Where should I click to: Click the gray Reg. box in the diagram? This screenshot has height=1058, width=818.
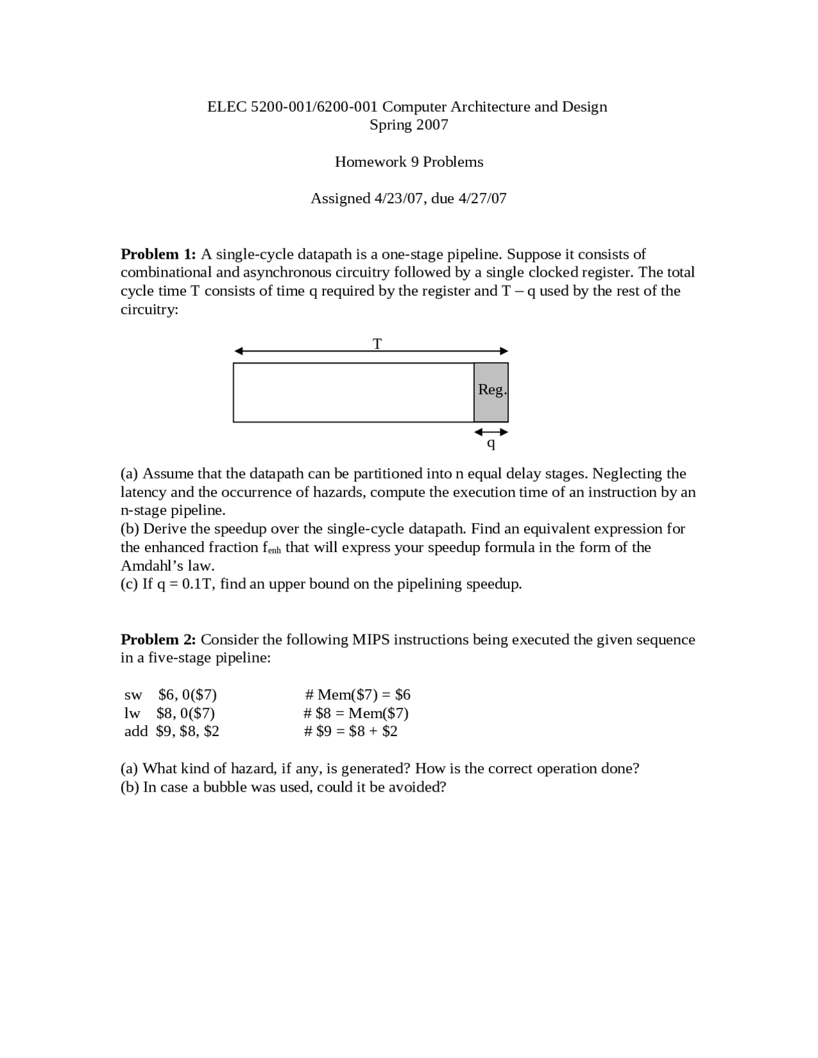point(491,392)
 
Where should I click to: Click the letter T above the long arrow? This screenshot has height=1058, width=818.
point(377,344)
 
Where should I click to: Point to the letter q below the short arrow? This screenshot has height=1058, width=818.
point(491,442)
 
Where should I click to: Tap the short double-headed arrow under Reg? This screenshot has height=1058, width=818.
point(491,432)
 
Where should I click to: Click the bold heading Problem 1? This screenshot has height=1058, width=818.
point(158,254)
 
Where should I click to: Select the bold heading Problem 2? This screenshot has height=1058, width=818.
point(158,640)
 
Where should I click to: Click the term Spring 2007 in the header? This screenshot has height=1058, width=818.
point(409,125)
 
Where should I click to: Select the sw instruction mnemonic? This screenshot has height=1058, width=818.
point(133,694)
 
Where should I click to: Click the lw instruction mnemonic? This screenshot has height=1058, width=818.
point(132,713)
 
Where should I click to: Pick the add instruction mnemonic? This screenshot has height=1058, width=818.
point(135,731)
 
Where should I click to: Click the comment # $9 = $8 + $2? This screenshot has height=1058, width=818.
point(351,731)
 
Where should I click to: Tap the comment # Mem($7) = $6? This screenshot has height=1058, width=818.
point(358,694)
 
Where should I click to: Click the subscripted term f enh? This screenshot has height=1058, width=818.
point(272,548)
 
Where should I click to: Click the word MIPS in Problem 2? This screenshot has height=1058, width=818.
point(371,640)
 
